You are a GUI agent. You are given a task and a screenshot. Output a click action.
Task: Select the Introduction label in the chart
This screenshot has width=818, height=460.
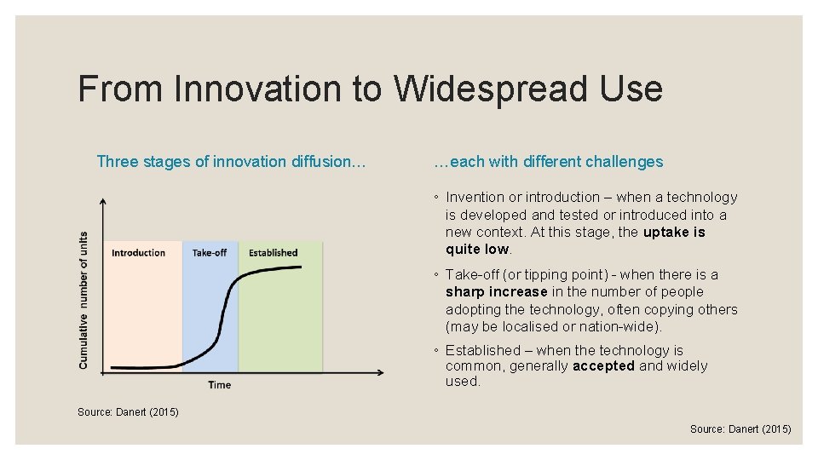coord(138,253)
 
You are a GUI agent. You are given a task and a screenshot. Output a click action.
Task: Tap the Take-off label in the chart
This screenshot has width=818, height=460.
coord(210,253)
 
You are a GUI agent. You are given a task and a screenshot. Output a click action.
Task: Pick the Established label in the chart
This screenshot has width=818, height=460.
coord(273,253)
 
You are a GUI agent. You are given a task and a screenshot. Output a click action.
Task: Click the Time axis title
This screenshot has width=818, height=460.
coord(219,385)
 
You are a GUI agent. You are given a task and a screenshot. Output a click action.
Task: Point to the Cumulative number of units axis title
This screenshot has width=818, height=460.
coord(84,300)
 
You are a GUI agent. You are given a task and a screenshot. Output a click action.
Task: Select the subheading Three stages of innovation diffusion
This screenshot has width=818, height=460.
coord(231,162)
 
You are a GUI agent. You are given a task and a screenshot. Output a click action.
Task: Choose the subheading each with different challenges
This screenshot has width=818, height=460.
coord(548,162)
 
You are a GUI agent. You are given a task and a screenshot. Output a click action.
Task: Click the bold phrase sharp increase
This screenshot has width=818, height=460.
coord(497,292)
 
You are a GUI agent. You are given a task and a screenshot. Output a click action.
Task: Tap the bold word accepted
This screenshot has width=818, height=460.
coord(603,366)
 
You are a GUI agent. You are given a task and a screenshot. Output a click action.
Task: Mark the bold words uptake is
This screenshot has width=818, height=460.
coord(674,233)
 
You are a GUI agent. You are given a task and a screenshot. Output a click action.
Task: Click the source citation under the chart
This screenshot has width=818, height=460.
coord(128,412)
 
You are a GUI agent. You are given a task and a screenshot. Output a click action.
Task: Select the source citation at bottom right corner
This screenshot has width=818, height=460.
coord(740,429)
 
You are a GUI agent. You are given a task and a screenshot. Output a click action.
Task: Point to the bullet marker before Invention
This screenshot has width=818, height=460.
coord(435,198)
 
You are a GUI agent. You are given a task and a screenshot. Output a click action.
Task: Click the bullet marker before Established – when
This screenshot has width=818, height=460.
coord(435,351)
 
